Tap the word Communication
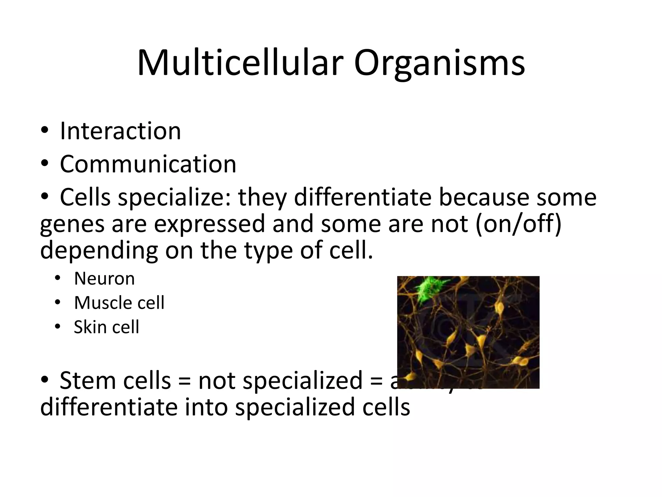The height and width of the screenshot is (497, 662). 148,164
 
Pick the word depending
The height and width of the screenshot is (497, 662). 99,251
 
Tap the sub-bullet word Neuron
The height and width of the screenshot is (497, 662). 104,279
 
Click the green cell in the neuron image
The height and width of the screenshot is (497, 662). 431,289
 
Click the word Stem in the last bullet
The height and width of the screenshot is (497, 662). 88,381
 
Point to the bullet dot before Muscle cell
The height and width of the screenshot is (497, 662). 58,303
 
